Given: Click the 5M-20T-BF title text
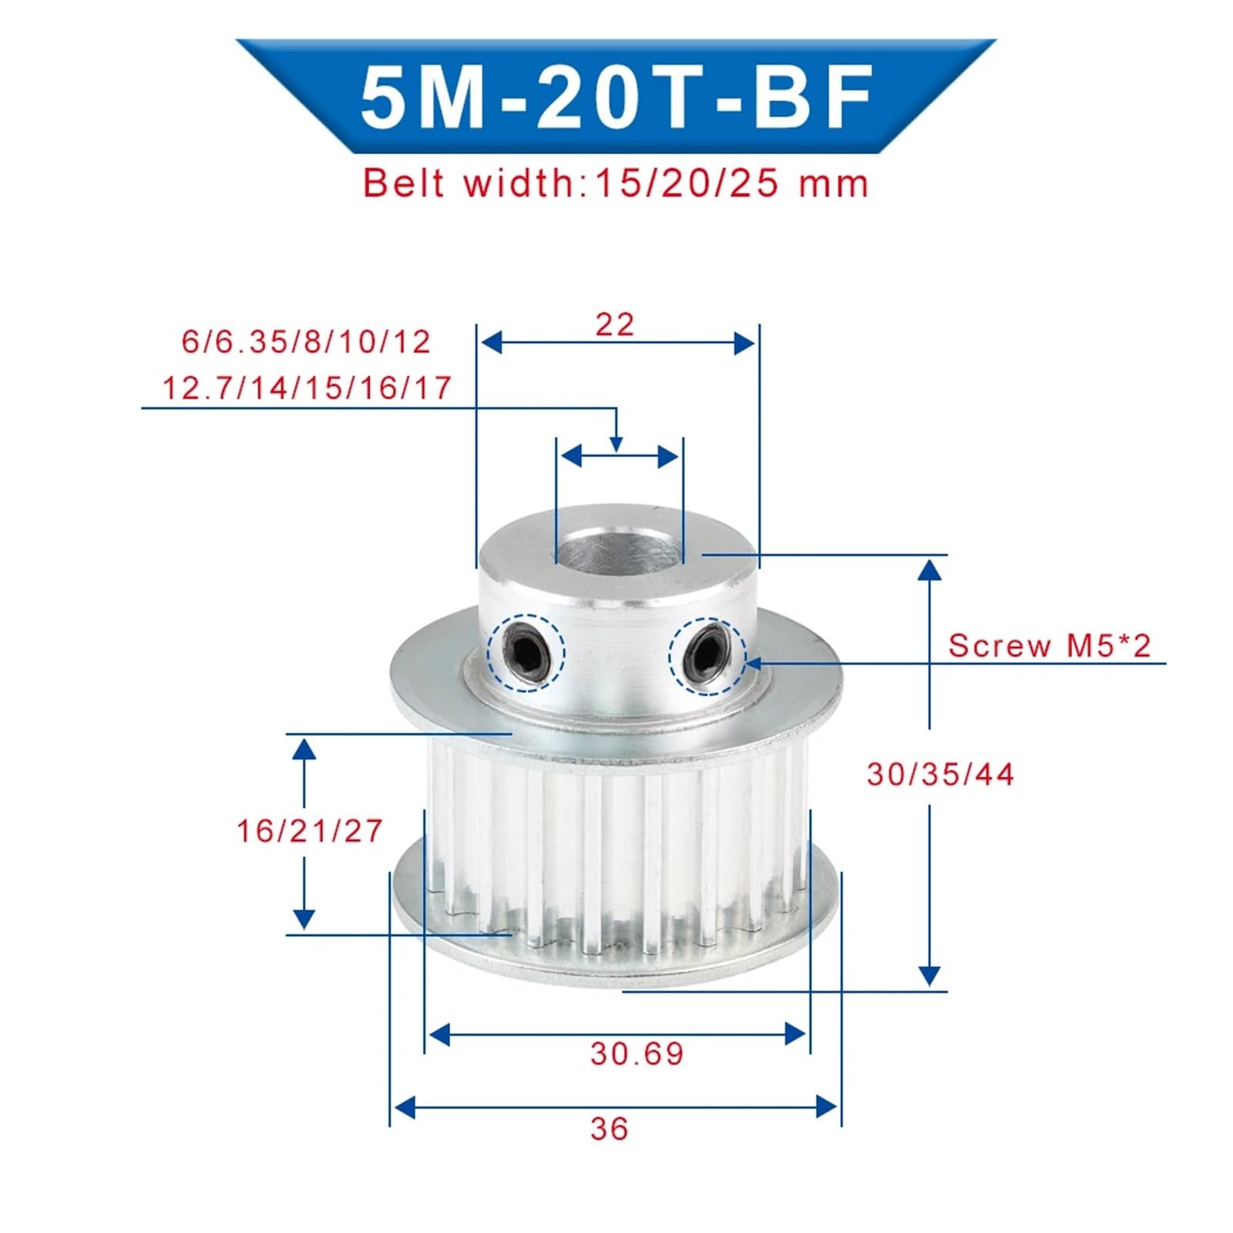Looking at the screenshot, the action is (616, 97).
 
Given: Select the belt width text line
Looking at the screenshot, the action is (616, 183).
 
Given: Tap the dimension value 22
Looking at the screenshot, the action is (615, 324).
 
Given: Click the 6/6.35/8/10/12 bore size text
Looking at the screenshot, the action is (306, 341).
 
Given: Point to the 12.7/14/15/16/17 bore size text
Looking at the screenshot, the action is (307, 387).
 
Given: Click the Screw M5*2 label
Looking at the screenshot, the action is (1050, 645).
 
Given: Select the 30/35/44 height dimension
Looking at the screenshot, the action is (940, 774).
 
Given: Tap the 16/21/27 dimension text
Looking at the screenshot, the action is (309, 831).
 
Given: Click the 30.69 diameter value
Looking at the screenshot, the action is (637, 1053).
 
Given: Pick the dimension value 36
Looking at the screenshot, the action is (610, 1129).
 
